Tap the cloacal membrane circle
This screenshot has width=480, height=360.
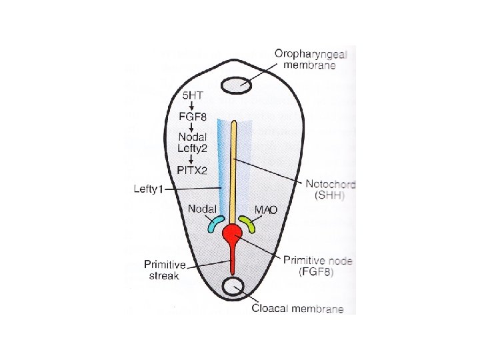pos(233,287)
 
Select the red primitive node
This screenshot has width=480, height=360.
pos(233,234)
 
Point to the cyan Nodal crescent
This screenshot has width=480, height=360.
pos(214,223)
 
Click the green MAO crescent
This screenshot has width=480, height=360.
pos(248,223)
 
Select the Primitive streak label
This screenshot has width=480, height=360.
pos(162,270)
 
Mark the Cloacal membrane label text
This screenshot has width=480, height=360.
pos(298,309)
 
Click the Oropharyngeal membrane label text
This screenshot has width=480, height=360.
pos(306,59)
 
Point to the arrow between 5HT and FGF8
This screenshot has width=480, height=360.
pos(192,107)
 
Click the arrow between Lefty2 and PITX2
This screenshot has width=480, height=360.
pos(192,159)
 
